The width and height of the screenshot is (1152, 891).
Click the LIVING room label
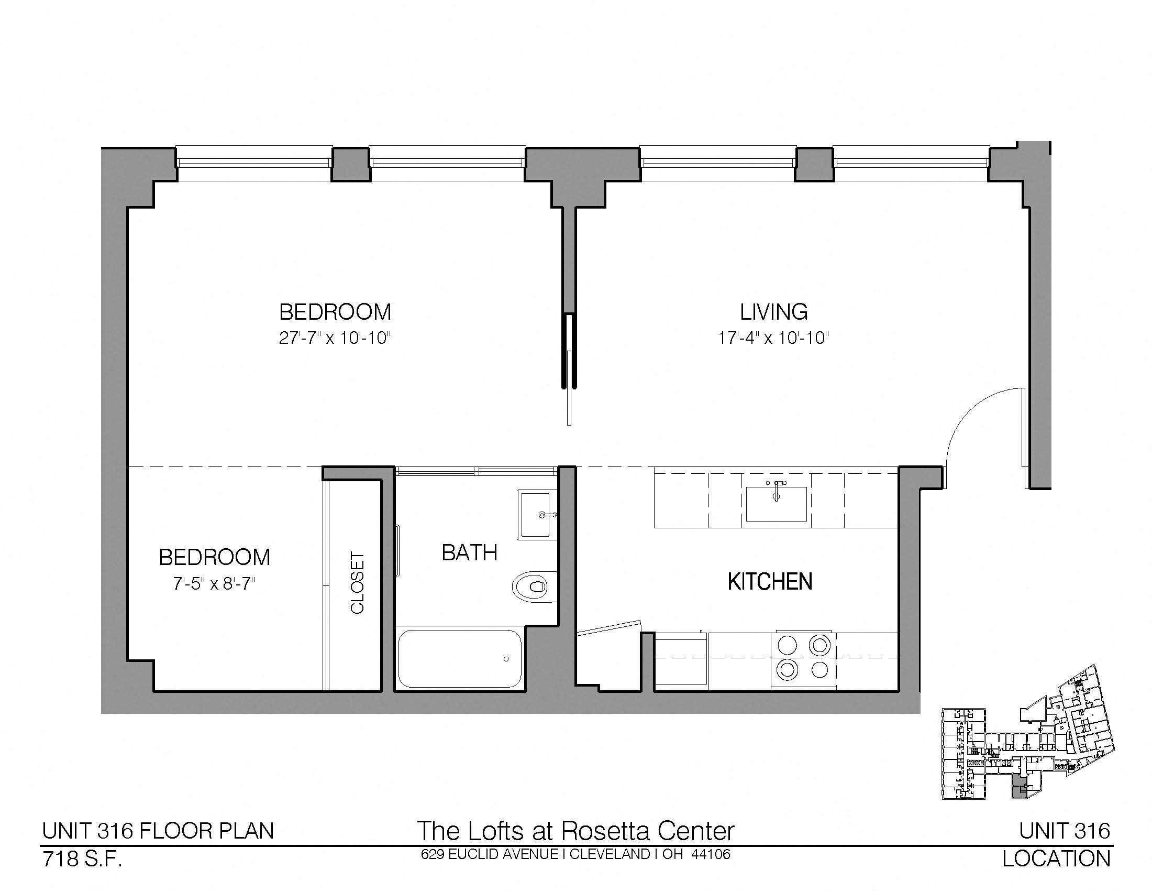[773, 312]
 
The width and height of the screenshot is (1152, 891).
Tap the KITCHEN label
[770, 581]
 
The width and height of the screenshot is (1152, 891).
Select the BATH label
[470, 552]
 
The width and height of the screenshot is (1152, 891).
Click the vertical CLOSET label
[357, 583]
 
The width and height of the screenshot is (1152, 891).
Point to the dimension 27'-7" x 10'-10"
[335, 338]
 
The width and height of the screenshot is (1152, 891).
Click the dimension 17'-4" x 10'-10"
[773, 338]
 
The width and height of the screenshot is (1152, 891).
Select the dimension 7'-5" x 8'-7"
[214, 584]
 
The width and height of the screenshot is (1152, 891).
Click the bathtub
[459, 659]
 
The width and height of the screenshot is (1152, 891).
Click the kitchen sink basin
[776, 504]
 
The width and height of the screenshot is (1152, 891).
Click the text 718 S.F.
[82, 860]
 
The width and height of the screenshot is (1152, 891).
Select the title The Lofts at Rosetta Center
[575, 831]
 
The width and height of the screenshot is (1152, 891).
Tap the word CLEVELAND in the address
[610, 854]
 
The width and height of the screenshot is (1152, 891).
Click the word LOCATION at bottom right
[1057, 859]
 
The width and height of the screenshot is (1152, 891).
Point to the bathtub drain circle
[506, 659]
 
